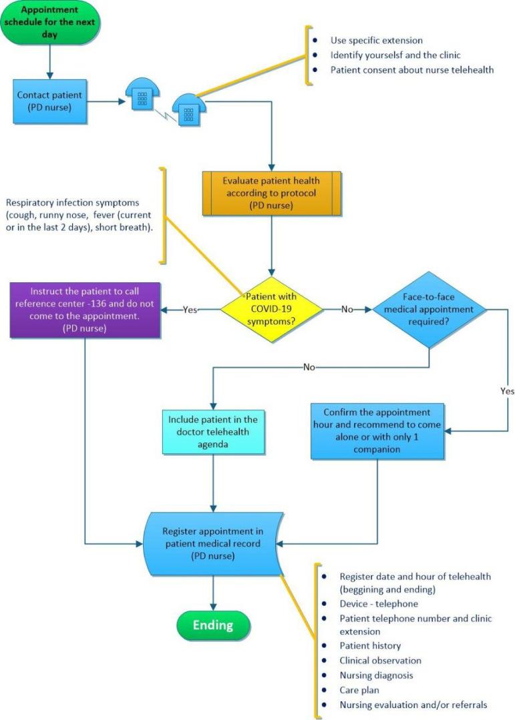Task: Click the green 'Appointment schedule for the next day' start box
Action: pos(49,23)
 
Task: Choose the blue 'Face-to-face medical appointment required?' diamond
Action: pos(429,309)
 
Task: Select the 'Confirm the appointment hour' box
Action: pos(378,430)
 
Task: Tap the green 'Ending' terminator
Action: pos(212,625)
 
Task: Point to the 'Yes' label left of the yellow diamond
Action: pos(190,310)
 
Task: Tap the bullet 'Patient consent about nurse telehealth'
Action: pos(412,69)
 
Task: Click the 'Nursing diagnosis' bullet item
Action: pos(376,675)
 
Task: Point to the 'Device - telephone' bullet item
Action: pos(379,604)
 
